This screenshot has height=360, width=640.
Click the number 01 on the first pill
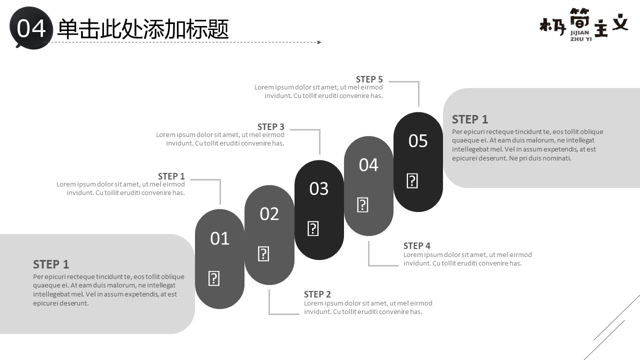pyautogui.click(x=219, y=238)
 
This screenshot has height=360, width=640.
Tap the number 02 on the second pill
pyautogui.click(x=269, y=214)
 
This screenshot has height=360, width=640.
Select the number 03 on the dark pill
pyautogui.click(x=319, y=188)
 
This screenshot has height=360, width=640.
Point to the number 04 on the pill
pyautogui.click(x=368, y=165)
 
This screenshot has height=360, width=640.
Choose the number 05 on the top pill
pyautogui.click(x=418, y=141)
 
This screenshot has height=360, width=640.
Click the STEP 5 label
pyautogui.click(x=369, y=79)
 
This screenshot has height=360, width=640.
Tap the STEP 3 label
pyautogui.click(x=270, y=127)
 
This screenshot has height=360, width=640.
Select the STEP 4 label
pyautogui.click(x=416, y=246)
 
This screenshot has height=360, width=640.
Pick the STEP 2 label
pyautogui.click(x=317, y=294)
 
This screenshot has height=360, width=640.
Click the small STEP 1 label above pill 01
pyautogui.click(x=171, y=176)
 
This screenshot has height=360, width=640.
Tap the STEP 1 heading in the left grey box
pyautogui.click(x=51, y=264)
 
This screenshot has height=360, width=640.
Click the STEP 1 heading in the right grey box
pyautogui.click(x=469, y=119)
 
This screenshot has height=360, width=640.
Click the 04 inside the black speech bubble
pyautogui.click(x=31, y=29)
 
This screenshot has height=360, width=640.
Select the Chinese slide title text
pyautogui.click(x=143, y=29)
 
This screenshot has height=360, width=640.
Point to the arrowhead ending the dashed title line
pyautogui.click(x=319, y=42)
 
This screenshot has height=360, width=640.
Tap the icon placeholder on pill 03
pyautogui.click(x=313, y=228)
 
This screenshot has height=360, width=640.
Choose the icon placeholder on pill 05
pyautogui.click(x=412, y=180)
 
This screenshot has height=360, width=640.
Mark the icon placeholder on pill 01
pyautogui.click(x=213, y=278)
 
